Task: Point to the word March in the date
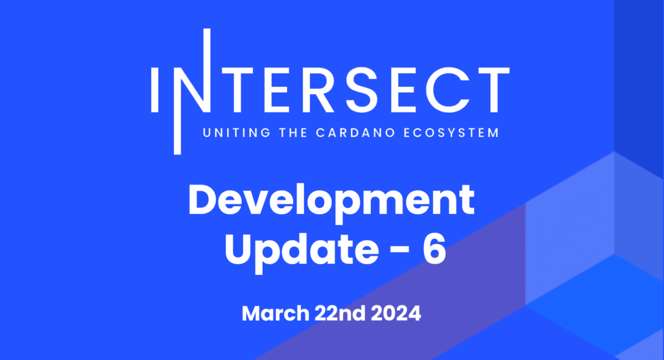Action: (x=276, y=313)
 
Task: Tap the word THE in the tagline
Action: (x=293, y=132)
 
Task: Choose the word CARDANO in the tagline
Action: (x=355, y=132)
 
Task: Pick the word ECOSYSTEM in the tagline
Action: (x=451, y=132)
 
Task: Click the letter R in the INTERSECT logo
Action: (x=315, y=90)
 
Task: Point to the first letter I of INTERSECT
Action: (x=154, y=90)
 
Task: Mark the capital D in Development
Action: (x=204, y=200)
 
